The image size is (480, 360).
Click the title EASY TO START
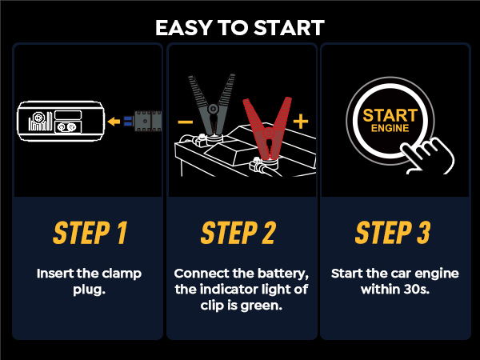click(240, 27)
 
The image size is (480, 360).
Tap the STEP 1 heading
click(90, 232)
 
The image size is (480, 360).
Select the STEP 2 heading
click(238, 232)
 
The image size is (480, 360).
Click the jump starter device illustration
click(61, 122)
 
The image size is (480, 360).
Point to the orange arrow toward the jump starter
click(118, 122)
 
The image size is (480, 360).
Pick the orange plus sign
click(301, 122)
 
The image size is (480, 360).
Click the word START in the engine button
click(390, 114)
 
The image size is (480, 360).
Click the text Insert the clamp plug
click(90, 280)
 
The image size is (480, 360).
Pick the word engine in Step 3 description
click(438, 273)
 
